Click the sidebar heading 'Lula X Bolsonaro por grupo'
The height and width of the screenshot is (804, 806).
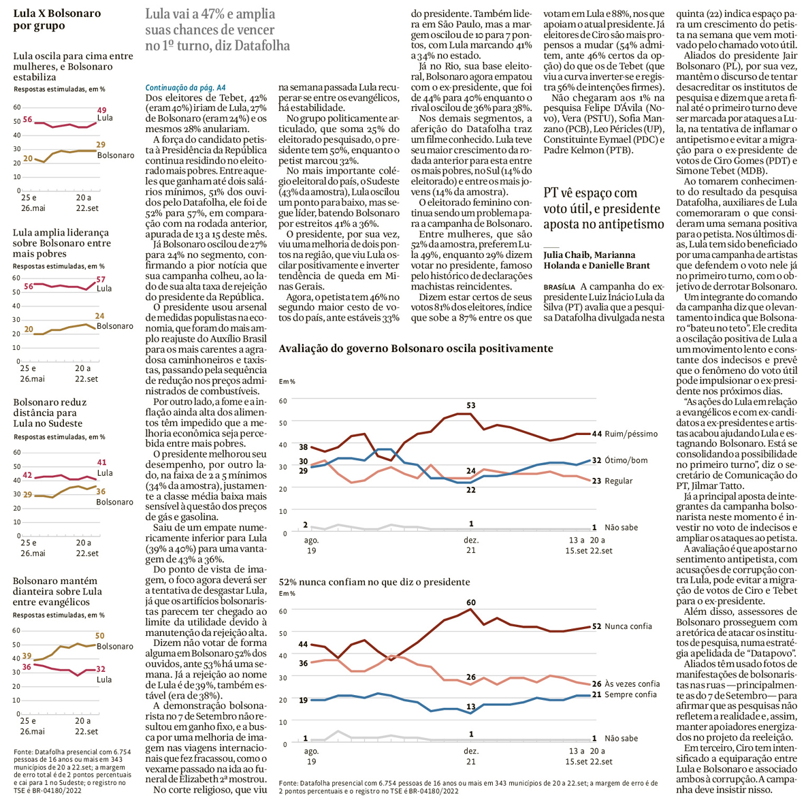pyautogui.click(x=57, y=19)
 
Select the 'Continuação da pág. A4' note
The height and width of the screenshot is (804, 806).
pyautogui.click(x=186, y=88)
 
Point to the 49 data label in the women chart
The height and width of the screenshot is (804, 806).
pyautogui.click(x=102, y=110)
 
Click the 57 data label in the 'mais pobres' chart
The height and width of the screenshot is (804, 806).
pyautogui.click(x=101, y=280)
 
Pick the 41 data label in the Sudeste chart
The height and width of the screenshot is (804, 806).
pyautogui.click(x=101, y=462)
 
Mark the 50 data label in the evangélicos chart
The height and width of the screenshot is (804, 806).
pyautogui.click(x=100, y=636)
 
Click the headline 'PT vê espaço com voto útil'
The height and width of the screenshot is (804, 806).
pyautogui.click(x=603, y=208)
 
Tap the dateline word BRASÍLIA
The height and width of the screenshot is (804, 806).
pyautogui.click(x=559, y=287)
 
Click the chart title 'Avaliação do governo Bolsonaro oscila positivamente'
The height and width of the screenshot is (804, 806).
pyautogui.click(x=416, y=349)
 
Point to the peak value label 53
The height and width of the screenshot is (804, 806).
pyautogui.click(x=471, y=406)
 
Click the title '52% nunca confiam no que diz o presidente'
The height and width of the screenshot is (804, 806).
pyautogui.click(x=374, y=582)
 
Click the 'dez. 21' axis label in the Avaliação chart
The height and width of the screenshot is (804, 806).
pyautogui.click(x=471, y=545)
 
